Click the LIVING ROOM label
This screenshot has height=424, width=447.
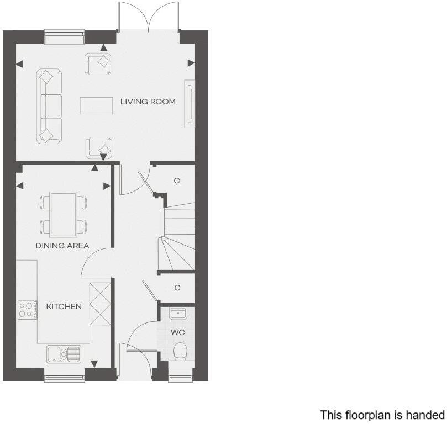148,102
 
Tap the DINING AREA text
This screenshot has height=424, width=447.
62,246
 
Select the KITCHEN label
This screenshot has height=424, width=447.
64,306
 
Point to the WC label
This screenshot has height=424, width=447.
178,333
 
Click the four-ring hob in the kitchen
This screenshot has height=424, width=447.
26,309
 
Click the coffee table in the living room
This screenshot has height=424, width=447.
96,105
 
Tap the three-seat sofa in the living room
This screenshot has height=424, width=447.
49,105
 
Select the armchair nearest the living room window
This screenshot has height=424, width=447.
98,63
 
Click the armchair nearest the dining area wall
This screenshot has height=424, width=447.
99,147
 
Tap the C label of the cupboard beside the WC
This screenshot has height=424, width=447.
177,288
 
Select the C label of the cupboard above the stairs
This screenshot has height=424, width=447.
177,181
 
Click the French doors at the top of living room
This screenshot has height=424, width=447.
148,19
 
